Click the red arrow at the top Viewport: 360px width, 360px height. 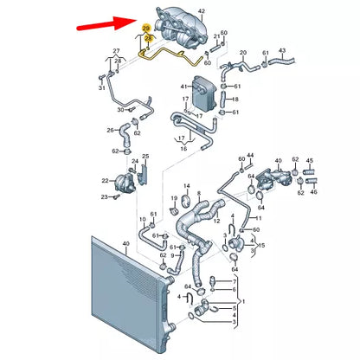pyautogui.click(x=106, y=23)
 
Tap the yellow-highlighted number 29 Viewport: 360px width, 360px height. pyautogui.click(x=146, y=29)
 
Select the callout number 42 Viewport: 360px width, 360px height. pyautogui.click(x=202, y=11)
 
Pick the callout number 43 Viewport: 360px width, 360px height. pyautogui.click(x=282, y=51)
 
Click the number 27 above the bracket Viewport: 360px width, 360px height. pyautogui.click(x=116, y=51)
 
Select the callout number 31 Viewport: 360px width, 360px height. pyautogui.click(x=101, y=87)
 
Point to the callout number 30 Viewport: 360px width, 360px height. pyautogui.click(x=121, y=110)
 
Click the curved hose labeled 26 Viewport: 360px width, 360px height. pyautogui.click(x=125, y=135)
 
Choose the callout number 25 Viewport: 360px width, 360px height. pyautogui.click(x=145, y=157)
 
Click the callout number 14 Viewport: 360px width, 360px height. pyautogui.click(x=187, y=186)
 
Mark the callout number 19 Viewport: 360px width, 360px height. pyautogui.click(x=174, y=198)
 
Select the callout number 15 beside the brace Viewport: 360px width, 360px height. pyautogui.click(x=261, y=246)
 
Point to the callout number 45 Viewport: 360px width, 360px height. pyautogui.click(x=309, y=161)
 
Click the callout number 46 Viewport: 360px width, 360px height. pyautogui.click(x=313, y=191)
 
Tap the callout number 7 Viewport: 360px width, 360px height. pyautogui.click(x=235, y=281)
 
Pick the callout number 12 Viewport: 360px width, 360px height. pyautogui.click(x=217, y=221)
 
